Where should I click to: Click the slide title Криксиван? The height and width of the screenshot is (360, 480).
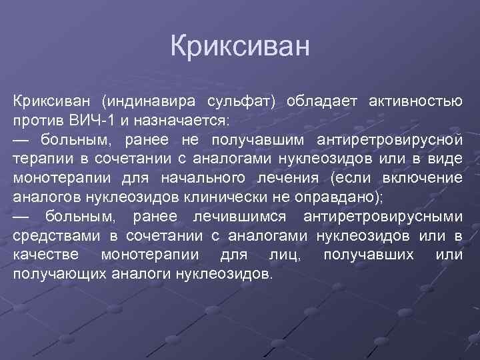(240, 47)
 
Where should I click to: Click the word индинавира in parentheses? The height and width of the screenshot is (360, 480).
(149, 102)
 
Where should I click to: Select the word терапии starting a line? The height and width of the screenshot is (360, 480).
(40, 160)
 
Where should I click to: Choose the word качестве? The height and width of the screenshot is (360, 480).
(46, 256)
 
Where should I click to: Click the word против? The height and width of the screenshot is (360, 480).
(37, 121)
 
